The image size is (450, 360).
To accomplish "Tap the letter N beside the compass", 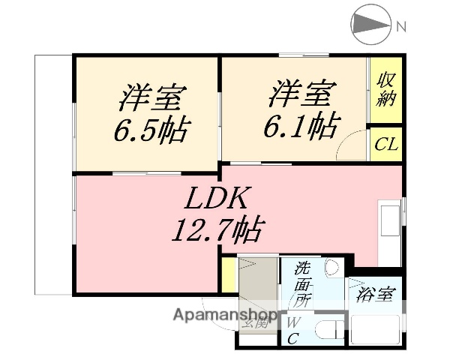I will point(401,27).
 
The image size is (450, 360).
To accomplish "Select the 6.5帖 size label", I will point(151,132).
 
